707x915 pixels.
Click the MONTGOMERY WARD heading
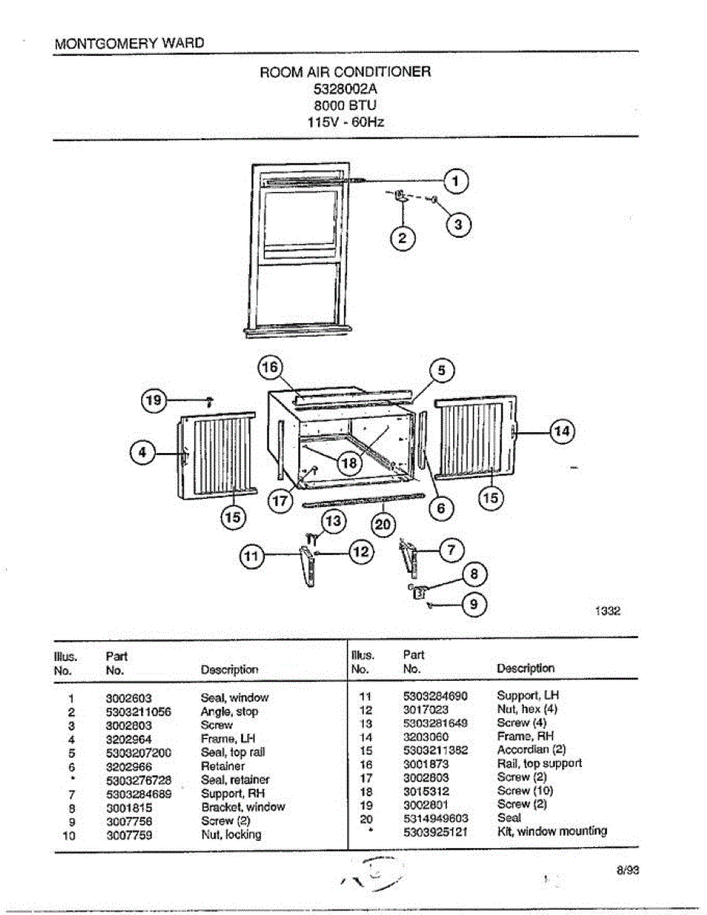(130, 43)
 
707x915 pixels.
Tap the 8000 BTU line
(345, 104)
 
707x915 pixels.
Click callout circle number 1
(456, 181)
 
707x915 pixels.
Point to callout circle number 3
(458, 224)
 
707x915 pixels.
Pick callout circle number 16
(270, 368)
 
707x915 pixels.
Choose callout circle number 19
(154, 399)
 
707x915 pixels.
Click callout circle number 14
(562, 432)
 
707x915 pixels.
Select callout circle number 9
(474, 605)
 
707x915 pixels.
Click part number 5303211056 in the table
(138, 712)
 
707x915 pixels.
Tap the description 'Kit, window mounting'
(551, 831)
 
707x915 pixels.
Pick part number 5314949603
(435, 818)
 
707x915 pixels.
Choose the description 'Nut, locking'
(231, 835)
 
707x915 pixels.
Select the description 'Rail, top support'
(539, 763)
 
